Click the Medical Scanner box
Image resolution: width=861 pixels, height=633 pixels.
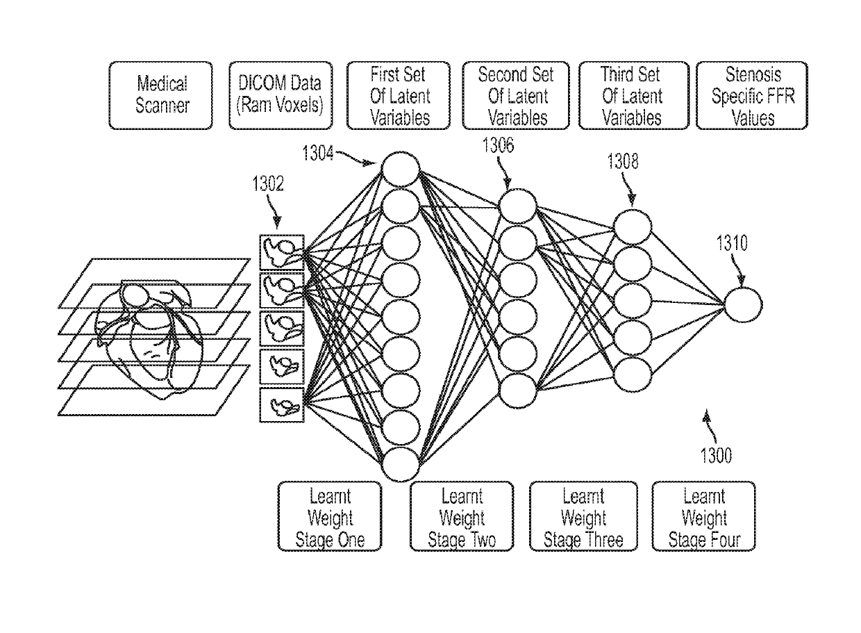click(x=160, y=95)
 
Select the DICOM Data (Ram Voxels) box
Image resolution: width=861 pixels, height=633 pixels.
click(x=281, y=95)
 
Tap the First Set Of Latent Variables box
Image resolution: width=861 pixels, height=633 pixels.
click(x=399, y=95)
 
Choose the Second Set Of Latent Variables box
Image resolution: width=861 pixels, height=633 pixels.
click(x=516, y=95)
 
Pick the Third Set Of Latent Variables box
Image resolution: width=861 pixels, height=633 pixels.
click(x=634, y=95)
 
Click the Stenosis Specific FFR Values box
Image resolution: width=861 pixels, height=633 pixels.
click(x=752, y=95)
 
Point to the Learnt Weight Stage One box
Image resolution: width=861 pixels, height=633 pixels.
click(x=330, y=516)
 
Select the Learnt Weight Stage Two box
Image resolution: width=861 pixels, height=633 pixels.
click(x=462, y=516)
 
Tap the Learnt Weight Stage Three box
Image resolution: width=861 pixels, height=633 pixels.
click(x=583, y=516)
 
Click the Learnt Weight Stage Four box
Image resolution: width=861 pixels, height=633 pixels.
click(x=704, y=516)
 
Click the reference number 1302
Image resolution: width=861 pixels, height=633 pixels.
click(x=268, y=184)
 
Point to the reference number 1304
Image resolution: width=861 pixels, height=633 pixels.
click(x=318, y=153)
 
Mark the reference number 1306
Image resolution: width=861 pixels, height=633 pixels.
click(x=498, y=145)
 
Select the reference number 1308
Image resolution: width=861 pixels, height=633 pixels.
click(x=623, y=161)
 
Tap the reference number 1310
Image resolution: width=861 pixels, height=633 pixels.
click(x=732, y=243)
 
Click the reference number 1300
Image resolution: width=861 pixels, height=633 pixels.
click(x=716, y=456)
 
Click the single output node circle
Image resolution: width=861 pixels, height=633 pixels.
click(x=743, y=305)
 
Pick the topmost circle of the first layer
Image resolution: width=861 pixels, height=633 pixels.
click(x=401, y=170)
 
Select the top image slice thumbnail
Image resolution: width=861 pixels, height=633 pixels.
click(x=282, y=252)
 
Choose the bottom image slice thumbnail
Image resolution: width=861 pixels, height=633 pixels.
click(x=282, y=405)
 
